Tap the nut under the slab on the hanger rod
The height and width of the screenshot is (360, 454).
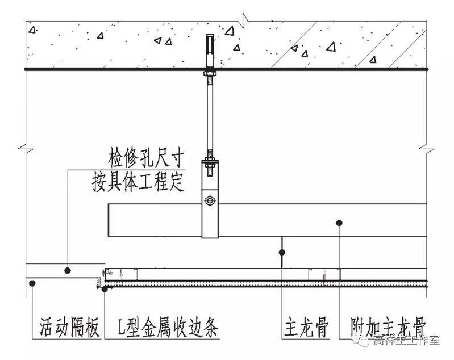[210, 72]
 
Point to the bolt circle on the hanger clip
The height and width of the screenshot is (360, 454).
[210, 200]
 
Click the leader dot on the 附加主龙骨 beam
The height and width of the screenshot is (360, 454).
[339, 223]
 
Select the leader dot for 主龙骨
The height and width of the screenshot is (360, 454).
[282, 252]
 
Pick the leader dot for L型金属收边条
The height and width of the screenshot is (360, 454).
[105, 289]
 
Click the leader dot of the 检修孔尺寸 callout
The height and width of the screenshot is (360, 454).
[68, 271]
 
